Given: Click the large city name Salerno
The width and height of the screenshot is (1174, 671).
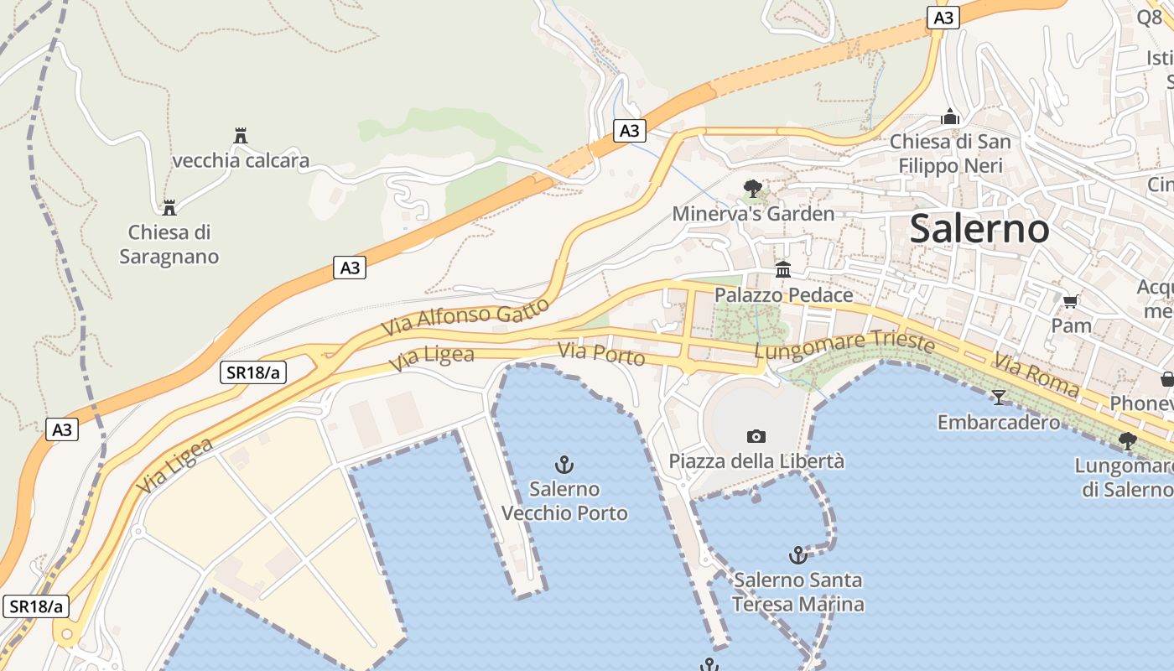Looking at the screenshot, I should point(979,228).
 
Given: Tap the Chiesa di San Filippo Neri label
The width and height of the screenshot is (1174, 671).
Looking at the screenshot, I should point(950,153).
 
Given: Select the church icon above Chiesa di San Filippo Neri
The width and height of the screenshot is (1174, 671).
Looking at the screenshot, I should point(950,117).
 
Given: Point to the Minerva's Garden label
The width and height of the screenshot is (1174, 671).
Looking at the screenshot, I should point(753,214).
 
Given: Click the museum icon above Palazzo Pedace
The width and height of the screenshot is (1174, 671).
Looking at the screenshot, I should point(783,269).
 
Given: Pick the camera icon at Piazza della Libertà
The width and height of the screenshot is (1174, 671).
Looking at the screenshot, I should point(756,436).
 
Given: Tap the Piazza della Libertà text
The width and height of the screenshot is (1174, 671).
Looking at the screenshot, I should point(756,460).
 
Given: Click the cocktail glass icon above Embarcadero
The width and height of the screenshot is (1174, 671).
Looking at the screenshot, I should point(998,397).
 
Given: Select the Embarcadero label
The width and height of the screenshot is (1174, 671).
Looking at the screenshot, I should point(998,421).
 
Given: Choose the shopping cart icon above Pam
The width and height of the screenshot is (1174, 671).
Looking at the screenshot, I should point(1070,301).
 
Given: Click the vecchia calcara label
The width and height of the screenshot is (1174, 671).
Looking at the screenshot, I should point(241,160).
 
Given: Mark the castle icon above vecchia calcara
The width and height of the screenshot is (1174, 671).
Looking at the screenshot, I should point(241,135).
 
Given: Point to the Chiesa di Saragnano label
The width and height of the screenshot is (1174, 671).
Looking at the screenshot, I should point(169,244).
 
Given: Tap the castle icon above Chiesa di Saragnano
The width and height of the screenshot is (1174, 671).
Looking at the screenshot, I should point(169,207).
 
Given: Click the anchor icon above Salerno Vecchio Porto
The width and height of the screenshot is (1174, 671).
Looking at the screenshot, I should point(564,464).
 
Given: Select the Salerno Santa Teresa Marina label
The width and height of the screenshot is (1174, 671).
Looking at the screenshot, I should point(797,591).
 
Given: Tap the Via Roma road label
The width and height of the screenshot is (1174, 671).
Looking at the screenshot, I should point(1036,374).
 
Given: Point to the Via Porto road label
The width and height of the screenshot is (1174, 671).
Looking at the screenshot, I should point(602,354).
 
